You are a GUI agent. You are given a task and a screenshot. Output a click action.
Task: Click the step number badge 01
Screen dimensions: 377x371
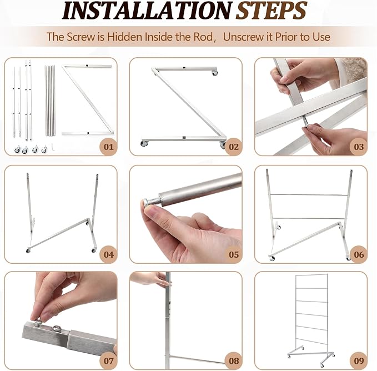(x=108, y=147)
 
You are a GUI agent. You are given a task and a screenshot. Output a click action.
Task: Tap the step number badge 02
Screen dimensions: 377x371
(x=233, y=147)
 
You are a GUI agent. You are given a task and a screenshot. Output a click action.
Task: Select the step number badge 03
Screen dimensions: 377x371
(x=359, y=147)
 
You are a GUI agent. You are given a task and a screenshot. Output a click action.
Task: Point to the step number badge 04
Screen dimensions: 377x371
(x=108, y=254)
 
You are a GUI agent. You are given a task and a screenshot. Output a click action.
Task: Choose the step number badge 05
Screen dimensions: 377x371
(x=233, y=254)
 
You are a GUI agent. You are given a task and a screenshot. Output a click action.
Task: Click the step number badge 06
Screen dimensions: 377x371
(x=359, y=254)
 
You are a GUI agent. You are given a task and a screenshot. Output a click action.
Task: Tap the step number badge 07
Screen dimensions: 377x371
(x=108, y=360)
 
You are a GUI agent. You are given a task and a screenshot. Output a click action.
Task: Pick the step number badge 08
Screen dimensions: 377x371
(x=233, y=360)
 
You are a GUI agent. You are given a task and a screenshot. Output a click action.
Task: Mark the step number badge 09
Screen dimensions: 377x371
(x=359, y=360)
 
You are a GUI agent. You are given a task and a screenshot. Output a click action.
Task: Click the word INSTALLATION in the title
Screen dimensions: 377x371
(x=147, y=11)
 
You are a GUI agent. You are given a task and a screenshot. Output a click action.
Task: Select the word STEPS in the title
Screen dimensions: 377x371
(x=271, y=11)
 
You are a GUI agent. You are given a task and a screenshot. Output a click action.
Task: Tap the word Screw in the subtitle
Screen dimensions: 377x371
(x=81, y=37)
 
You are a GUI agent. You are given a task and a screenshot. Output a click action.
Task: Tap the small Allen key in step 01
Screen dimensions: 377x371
(x=53, y=146)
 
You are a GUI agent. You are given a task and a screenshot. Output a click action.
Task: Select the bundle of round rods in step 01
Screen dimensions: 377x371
(x=50, y=101)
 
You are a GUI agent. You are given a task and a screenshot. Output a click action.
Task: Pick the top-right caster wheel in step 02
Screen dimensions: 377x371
(x=215, y=73)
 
